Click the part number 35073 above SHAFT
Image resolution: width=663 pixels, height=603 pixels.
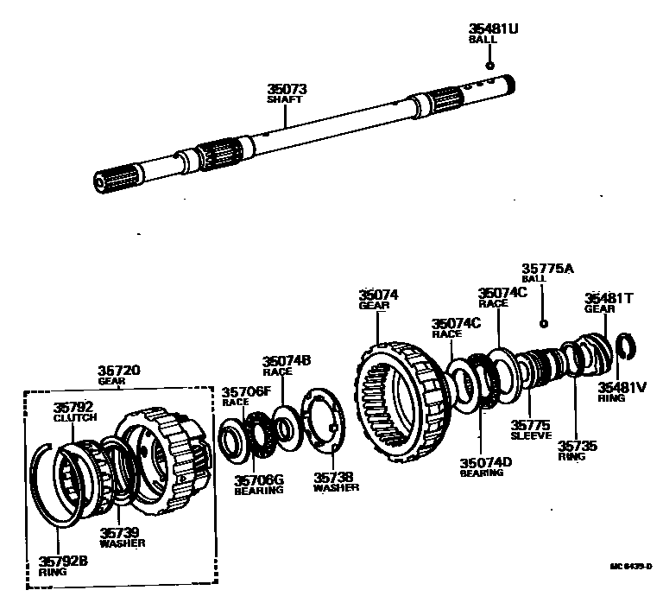(x=288, y=89)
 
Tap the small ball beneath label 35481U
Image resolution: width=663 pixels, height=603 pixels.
(x=489, y=66)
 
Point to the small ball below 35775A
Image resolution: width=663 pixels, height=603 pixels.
(x=543, y=323)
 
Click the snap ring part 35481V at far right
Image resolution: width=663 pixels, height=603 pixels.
(x=627, y=346)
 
